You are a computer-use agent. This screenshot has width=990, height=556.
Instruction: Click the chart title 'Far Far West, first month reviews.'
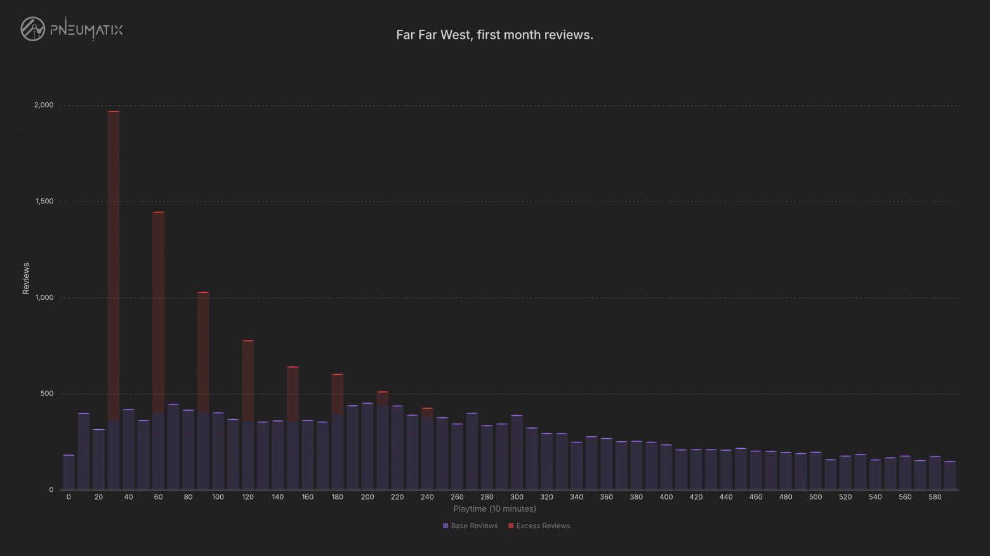click(494, 35)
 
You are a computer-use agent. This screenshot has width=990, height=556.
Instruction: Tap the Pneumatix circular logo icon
click(33, 29)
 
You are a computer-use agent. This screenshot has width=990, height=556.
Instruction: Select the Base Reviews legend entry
click(470, 526)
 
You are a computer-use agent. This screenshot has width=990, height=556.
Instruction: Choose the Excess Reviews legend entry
click(539, 526)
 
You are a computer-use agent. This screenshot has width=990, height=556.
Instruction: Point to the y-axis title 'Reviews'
click(25, 278)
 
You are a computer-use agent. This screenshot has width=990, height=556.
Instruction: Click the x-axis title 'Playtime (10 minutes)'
click(494, 508)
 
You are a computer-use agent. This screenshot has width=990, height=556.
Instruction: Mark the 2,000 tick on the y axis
click(44, 105)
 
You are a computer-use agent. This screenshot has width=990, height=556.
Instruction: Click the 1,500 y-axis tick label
click(44, 202)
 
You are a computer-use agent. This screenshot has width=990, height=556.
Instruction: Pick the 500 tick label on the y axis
click(47, 394)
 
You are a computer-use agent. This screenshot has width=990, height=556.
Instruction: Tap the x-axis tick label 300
click(517, 497)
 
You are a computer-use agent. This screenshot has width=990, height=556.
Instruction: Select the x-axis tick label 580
click(935, 497)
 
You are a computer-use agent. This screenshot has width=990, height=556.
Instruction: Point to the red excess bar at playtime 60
click(158, 312)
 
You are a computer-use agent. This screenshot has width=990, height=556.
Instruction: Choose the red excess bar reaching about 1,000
click(203, 352)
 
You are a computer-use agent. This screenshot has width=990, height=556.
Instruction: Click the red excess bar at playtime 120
click(248, 380)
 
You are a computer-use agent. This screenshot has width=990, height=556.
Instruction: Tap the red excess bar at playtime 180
click(338, 394)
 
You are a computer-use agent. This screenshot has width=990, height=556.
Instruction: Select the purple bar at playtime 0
click(69, 472)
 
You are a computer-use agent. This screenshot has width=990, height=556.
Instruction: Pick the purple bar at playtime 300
click(517, 452)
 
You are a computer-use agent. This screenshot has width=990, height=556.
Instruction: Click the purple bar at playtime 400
click(666, 467)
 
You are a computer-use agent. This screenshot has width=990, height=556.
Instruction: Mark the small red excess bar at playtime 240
click(427, 413)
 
